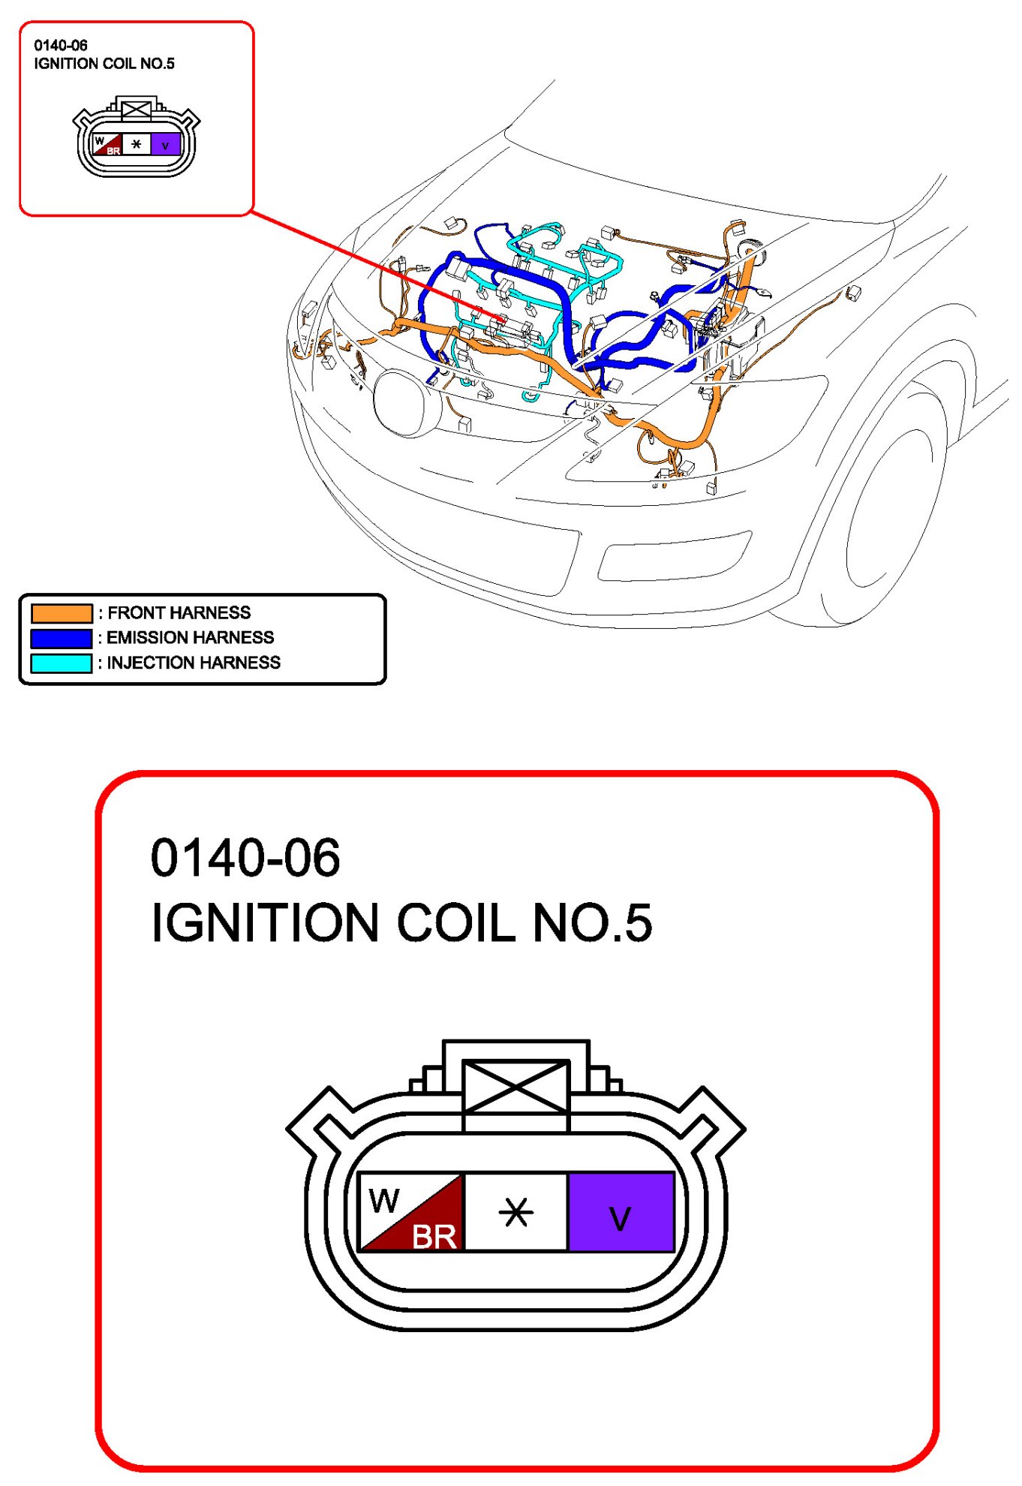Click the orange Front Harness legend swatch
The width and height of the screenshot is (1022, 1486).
click(x=62, y=613)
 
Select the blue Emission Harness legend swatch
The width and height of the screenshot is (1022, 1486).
click(x=62, y=638)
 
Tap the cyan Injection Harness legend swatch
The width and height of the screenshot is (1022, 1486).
click(x=62, y=663)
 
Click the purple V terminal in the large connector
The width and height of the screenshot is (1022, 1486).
click(x=621, y=1211)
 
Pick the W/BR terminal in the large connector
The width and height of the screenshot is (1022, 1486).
click(x=411, y=1211)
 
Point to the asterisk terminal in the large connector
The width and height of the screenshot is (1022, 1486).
click(x=516, y=1211)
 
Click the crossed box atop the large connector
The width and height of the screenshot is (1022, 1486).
click(x=516, y=1086)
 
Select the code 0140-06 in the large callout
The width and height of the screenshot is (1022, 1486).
click(x=245, y=858)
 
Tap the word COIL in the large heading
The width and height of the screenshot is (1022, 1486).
click(x=455, y=922)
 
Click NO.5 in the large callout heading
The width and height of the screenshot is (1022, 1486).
click(x=592, y=922)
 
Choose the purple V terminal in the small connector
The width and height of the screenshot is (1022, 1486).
click(x=166, y=145)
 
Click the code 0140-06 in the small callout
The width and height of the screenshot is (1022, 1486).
click(x=61, y=46)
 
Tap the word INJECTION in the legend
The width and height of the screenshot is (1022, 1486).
click(x=145, y=663)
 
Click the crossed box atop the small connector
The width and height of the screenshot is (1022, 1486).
click(x=136, y=110)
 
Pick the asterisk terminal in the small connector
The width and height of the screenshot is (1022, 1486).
click(x=136, y=144)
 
